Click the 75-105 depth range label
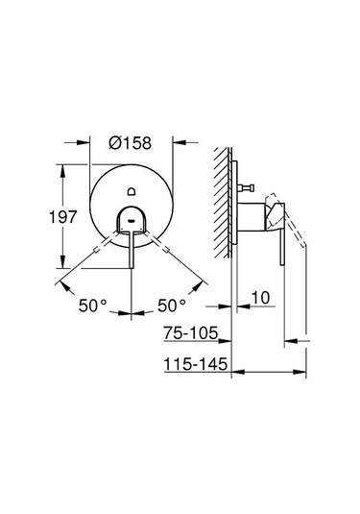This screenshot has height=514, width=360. coord(191,336)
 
